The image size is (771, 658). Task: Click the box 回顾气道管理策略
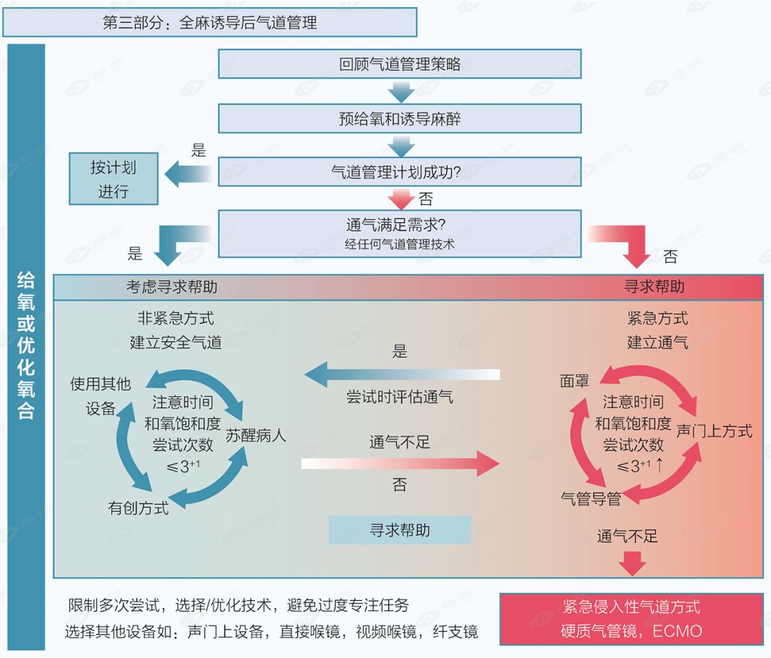[399, 64]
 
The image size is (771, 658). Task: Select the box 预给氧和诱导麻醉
[399, 118]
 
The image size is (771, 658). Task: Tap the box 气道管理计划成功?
[399, 172]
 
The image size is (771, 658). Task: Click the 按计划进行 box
[113, 180]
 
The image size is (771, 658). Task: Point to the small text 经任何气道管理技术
[399, 245]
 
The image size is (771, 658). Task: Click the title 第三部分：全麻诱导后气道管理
[210, 22]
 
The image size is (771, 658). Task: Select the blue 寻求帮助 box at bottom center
[399, 530]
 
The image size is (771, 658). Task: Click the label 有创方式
[138, 508]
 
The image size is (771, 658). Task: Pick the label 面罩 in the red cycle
[575, 380]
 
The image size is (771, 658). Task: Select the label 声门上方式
[714, 430]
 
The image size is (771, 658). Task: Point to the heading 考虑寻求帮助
[171, 287]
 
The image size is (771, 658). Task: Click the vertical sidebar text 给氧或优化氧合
[26, 346]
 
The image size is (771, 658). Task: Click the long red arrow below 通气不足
[400, 464]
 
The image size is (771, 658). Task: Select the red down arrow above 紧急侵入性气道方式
[632, 564]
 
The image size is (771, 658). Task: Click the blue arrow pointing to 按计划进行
[187, 173]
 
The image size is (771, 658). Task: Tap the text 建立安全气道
[176, 342]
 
